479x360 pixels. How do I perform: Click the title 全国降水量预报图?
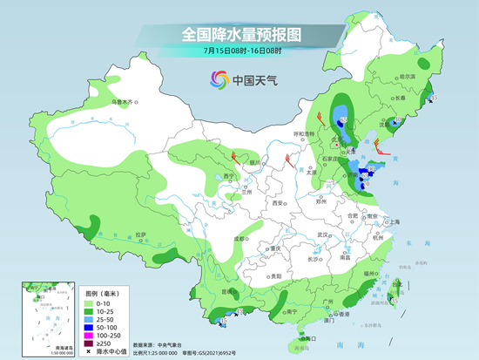(x=239, y=34)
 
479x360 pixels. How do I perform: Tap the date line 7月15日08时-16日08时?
(x=239, y=51)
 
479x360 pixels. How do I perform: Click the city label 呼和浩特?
(x=303, y=133)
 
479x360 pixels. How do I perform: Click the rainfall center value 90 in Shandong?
(x=371, y=168)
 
